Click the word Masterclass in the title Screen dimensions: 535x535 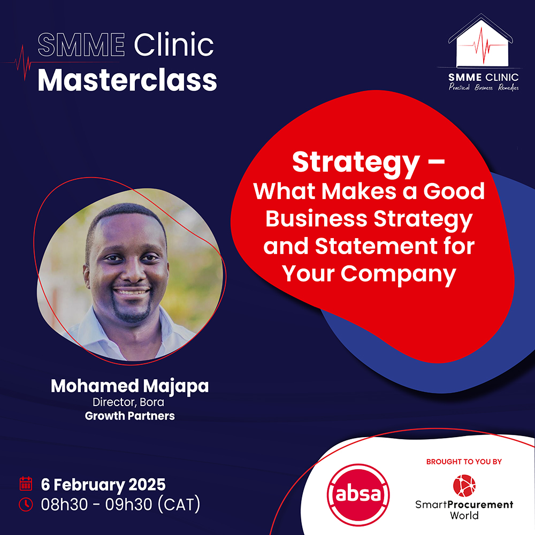point(127,81)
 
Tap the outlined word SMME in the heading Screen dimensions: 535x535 point(81,44)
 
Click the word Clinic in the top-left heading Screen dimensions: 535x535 point(174,44)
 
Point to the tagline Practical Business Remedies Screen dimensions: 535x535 point(484,87)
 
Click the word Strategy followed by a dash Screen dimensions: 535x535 point(369,163)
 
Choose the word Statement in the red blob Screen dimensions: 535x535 point(376,246)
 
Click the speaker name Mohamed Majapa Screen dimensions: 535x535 point(129,387)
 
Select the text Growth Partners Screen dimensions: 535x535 point(129,416)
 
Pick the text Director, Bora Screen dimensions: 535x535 point(128,402)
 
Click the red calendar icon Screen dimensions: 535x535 point(26,484)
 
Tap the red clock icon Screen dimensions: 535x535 point(26,505)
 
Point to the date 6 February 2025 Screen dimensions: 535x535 point(103,485)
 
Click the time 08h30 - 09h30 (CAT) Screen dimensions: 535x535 point(120,505)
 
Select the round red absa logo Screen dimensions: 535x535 point(358,494)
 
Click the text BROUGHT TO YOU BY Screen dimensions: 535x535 point(464,462)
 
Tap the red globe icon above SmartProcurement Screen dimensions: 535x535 point(464,486)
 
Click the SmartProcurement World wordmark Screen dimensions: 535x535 point(464,510)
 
